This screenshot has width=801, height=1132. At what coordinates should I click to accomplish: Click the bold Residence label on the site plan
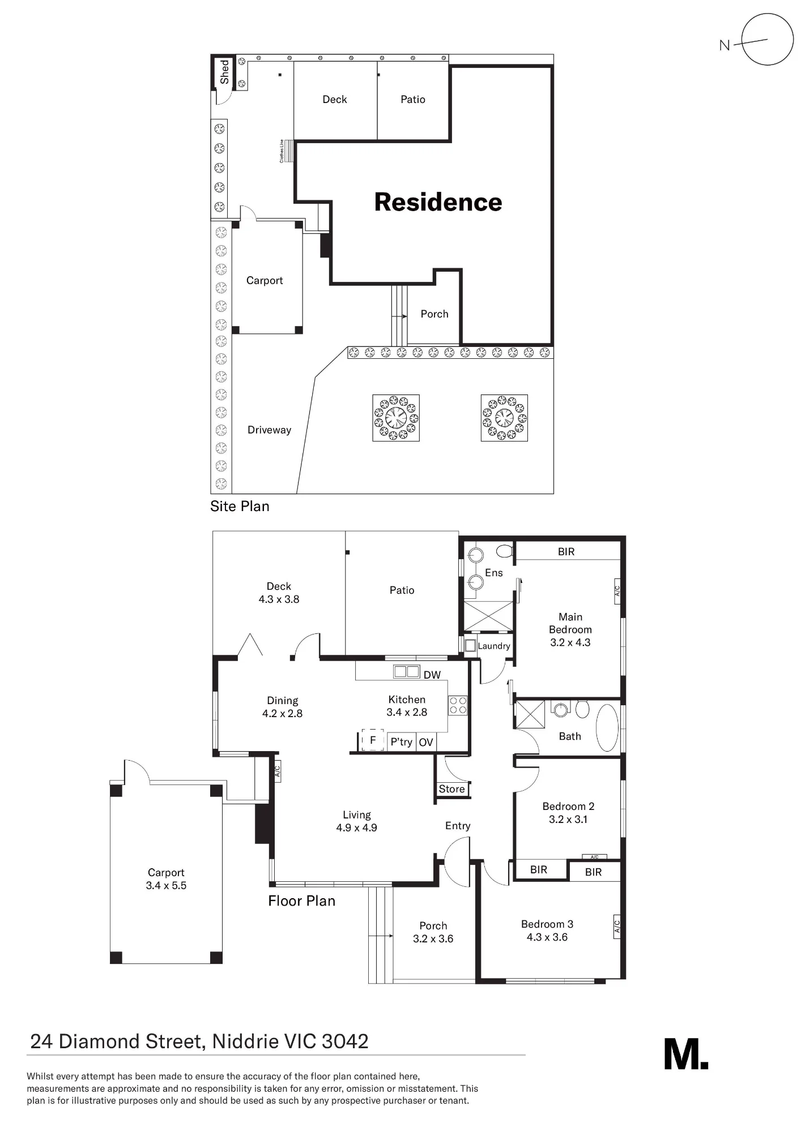pyautogui.click(x=438, y=202)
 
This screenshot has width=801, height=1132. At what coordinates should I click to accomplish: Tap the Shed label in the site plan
pyautogui.click(x=224, y=72)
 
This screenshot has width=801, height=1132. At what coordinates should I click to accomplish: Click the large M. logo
pyautogui.click(x=686, y=1053)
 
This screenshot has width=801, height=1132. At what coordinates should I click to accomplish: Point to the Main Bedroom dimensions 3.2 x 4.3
pyautogui.click(x=570, y=642)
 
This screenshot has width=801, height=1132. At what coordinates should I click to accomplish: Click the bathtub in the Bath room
pyautogui.click(x=607, y=727)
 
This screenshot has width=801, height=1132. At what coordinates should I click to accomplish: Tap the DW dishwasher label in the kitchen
pyautogui.click(x=432, y=675)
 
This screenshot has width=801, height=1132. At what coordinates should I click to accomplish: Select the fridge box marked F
pyautogui.click(x=372, y=739)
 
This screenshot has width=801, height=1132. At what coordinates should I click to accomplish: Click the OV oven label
pyautogui.click(x=426, y=742)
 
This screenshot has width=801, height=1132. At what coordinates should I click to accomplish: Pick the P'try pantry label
pyautogui.click(x=401, y=741)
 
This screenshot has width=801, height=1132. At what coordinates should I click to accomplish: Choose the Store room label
pyautogui.click(x=451, y=789)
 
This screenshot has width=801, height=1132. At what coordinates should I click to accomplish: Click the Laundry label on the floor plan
pyautogui.click(x=494, y=646)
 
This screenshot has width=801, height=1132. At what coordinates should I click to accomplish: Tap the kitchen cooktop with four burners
pyautogui.click(x=458, y=705)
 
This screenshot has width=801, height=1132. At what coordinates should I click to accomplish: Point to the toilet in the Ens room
pyautogui.click(x=504, y=551)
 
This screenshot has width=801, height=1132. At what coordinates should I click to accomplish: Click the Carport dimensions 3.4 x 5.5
pyautogui.click(x=166, y=885)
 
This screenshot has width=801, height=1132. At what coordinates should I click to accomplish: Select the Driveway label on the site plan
pyautogui.click(x=269, y=430)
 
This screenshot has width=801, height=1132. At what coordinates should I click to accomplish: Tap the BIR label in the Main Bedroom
pyautogui.click(x=566, y=551)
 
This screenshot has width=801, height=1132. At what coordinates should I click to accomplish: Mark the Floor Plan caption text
pyautogui.click(x=301, y=901)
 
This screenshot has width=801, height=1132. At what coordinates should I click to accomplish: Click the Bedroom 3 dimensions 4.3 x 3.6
pyautogui.click(x=547, y=937)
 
